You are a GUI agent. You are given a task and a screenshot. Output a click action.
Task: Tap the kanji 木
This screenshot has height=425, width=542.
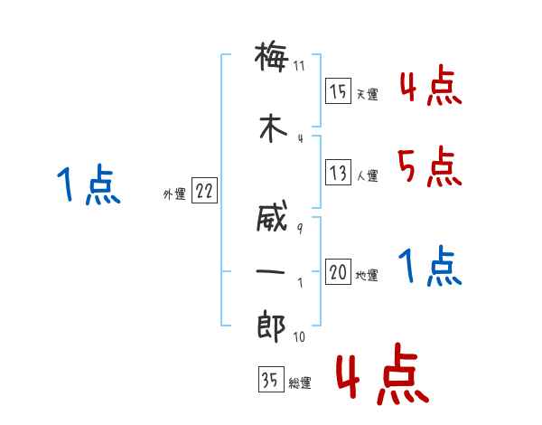coord(271,127)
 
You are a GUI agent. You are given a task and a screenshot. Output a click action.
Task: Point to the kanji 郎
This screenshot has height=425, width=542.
coord(271,328)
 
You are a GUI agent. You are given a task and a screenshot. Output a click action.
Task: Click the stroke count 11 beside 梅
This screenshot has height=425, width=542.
coord(300,65)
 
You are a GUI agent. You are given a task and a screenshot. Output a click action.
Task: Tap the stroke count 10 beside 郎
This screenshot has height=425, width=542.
coord(300,337)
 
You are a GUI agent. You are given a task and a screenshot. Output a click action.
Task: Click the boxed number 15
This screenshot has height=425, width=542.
coord(338,92)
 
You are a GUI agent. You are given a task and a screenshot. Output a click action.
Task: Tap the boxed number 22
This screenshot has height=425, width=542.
coord(204,192)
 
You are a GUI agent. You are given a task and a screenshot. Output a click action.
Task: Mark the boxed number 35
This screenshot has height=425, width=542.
coord(270,381)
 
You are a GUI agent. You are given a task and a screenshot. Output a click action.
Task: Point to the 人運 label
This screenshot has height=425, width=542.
coord(368,175)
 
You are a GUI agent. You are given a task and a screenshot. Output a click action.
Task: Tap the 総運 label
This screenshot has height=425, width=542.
coord(300,382)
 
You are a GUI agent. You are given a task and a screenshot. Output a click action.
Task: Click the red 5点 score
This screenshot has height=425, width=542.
coord(428,165)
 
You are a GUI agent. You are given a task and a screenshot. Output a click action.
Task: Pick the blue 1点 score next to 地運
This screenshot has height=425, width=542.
coord(430,267)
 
